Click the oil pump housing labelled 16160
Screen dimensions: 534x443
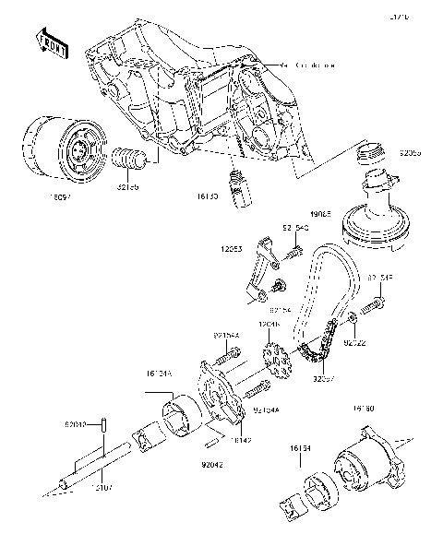(x=374, y=465)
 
